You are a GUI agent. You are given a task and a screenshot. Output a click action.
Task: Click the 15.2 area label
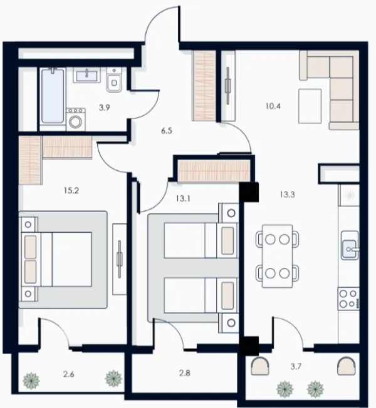pyautogui.click(x=71, y=191)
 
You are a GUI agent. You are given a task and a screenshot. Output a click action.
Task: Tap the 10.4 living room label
pyautogui.click(x=273, y=106)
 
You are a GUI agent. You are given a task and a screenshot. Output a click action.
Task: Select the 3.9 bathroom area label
pyautogui.click(x=104, y=108)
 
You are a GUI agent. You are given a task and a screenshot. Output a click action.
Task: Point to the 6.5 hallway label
pyautogui.click(x=167, y=131)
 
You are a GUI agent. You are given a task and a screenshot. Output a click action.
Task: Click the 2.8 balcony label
pyautogui.click(x=184, y=373)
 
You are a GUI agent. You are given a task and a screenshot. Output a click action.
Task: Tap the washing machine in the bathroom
pyautogui.click(x=76, y=120)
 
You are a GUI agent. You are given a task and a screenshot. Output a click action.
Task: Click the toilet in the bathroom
pyautogui.click(x=114, y=79)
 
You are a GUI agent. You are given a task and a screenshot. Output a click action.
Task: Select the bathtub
pyautogui.click(x=53, y=96)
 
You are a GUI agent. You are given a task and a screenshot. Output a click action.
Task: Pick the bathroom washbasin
pyautogui.click(x=86, y=75)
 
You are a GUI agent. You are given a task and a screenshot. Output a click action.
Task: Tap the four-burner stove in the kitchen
pyautogui.click(x=348, y=298)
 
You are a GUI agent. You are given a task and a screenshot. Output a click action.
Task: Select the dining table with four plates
pyautogui.click(x=277, y=257)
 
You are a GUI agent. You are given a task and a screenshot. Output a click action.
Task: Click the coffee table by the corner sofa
pyautogui.click(x=310, y=106)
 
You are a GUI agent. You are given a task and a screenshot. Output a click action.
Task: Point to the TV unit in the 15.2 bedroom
pyautogui.click(x=120, y=259)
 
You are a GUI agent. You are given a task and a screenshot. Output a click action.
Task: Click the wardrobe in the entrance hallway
pyautogui.click(x=204, y=86)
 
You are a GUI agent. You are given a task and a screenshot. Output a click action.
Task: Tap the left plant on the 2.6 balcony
pyautogui.click(x=31, y=380)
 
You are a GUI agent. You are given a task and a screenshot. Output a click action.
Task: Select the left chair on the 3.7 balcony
pyautogui.click(x=260, y=366)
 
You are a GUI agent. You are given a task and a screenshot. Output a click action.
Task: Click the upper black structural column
pyautogui.click(x=249, y=192)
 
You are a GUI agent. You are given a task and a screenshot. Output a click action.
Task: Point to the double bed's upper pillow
pyautogui.click(x=30, y=247)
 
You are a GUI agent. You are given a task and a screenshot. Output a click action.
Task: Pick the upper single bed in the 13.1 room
pyautogui.click(x=201, y=240)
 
